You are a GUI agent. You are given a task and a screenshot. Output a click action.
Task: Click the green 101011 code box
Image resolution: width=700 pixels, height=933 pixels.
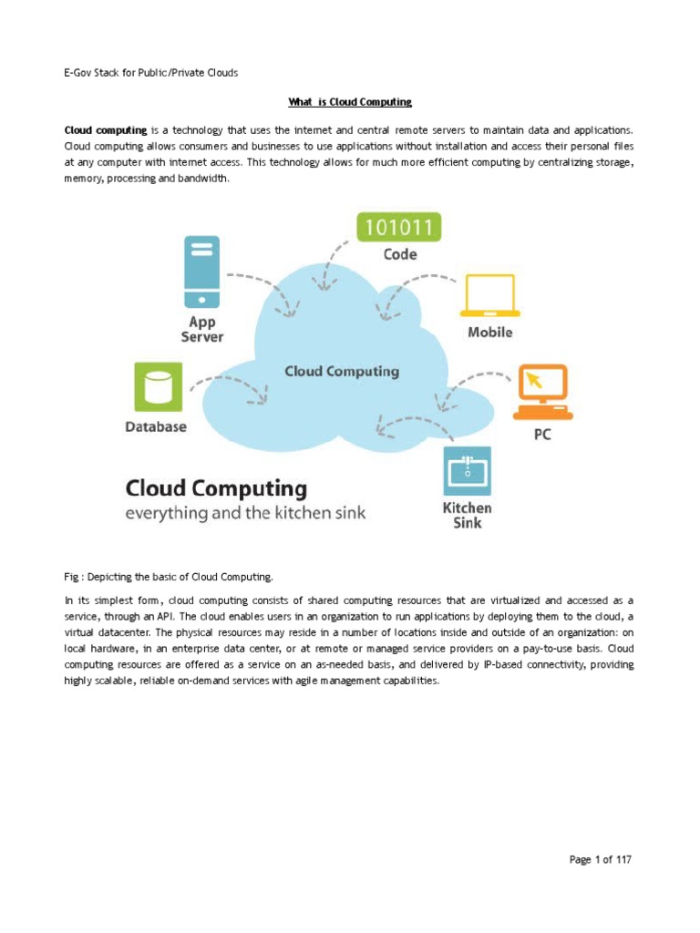[398, 227]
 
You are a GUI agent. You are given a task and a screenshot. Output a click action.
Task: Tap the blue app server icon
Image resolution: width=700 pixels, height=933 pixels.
[202, 272]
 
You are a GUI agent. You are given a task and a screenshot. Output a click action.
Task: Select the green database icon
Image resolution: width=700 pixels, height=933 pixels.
[157, 386]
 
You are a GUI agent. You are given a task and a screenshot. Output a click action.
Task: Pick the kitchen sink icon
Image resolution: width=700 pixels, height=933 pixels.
[467, 470]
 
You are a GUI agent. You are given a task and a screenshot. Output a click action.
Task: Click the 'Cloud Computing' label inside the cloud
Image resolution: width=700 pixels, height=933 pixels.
[342, 372]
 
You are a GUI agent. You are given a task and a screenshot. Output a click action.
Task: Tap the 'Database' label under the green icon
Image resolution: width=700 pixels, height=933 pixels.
[156, 426]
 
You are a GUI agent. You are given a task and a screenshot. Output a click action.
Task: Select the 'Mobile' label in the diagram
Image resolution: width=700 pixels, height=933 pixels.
[490, 333]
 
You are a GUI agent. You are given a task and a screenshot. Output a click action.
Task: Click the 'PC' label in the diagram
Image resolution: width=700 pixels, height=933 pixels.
[542, 435]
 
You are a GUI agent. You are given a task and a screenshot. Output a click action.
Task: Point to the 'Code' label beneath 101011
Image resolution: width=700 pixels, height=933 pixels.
[399, 256]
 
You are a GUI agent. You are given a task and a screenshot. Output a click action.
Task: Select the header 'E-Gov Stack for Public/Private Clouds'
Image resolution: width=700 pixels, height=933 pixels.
[144, 73]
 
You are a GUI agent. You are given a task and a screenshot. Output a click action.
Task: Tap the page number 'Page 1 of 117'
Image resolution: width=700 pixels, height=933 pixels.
[600, 859]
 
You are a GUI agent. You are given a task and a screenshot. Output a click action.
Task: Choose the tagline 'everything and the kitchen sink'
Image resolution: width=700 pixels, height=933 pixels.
[245, 513]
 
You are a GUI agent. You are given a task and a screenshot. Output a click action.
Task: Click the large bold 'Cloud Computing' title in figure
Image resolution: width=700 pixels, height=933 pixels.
[217, 487]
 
